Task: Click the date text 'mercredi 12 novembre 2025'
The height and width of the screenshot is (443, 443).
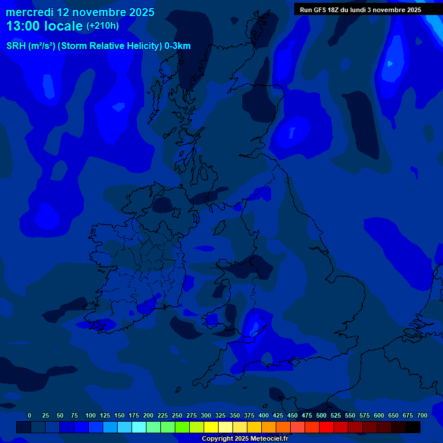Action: pos(80,12)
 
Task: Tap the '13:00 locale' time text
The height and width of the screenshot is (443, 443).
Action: pos(44,26)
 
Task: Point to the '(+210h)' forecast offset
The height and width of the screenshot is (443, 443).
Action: pos(103,26)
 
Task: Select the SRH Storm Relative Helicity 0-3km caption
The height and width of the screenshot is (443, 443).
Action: pos(98,46)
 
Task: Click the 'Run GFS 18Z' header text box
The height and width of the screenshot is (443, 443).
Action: pos(361,10)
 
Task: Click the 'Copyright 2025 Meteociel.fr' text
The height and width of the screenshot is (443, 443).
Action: pos(245,438)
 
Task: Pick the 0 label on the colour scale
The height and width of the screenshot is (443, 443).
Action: pos(29,415)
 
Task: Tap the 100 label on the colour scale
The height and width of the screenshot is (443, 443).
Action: pos(90,415)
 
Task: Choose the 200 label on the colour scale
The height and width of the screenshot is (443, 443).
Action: pos(148,415)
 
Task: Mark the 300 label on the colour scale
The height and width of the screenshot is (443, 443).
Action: pos(205,415)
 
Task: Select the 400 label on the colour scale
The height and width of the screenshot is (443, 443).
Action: pos(263,415)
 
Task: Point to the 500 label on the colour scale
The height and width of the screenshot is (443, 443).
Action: pos(321,415)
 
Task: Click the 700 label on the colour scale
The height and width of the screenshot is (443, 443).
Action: pos(422,415)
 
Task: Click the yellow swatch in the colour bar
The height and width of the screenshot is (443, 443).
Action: pos(211,427)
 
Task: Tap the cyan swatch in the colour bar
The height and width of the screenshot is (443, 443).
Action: pos(139,427)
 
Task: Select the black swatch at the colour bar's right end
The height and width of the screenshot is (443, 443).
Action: pos(413,427)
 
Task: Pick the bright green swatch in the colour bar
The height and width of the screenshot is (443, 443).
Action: pos(182,427)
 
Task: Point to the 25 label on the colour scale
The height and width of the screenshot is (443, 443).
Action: pos(46,415)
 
